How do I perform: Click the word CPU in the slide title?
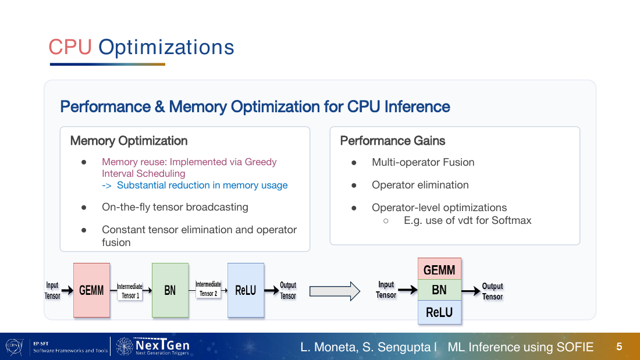[x=70, y=47]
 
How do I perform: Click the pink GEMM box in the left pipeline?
[x=91, y=290]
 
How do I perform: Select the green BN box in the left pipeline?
[x=170, y=290]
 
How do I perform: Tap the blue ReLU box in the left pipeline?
[x=246, y=290]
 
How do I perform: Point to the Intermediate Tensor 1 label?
[x=130, y=291]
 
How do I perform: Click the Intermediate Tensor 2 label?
[x=208, y=288]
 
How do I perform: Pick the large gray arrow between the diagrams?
[x=335, y=291]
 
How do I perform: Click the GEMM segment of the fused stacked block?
[x=439, y=269]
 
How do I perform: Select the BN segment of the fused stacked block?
[x=439, y=290]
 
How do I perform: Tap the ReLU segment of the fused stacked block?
[x=439, y=312]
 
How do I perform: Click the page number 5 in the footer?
[x=619, y=347]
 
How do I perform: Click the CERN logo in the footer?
[x=15, y=347]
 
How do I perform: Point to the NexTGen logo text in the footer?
[x=162, y=345]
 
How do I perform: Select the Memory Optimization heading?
[x=129, y=141]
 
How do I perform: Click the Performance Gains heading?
[x=393, y=141]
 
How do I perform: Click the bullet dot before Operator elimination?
[x=354, y=186]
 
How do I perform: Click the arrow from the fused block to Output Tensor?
[x=471, y=291]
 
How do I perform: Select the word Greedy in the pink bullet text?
[x=261, y=162]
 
